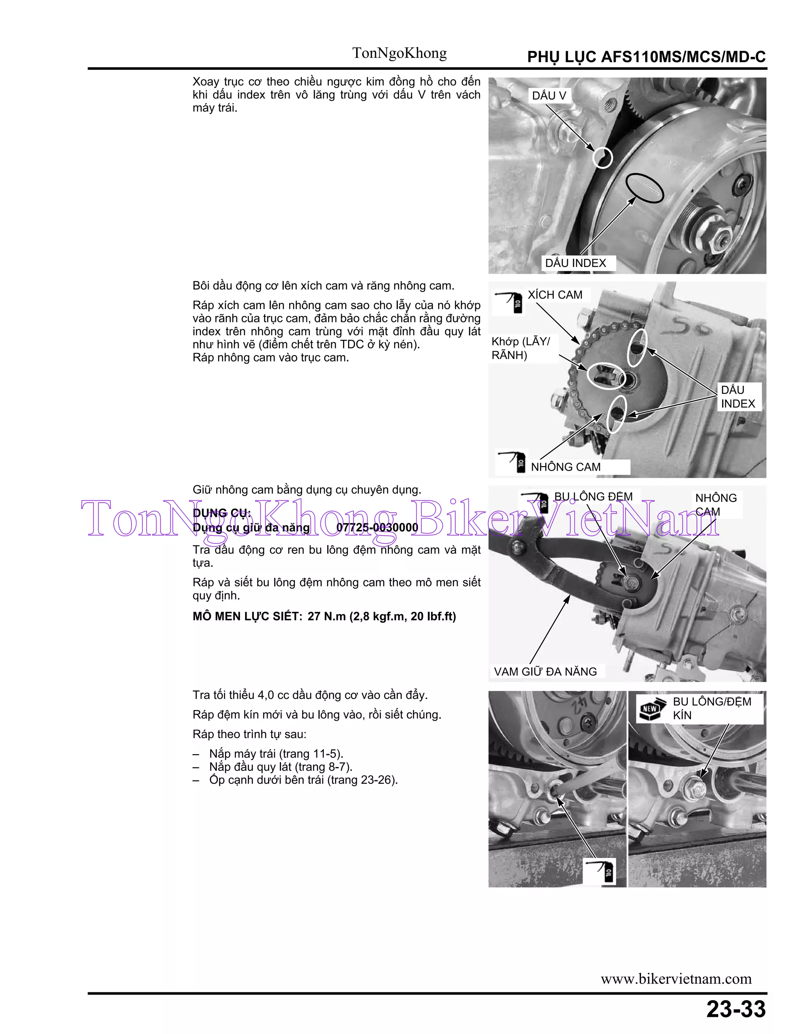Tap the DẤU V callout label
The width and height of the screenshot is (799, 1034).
click(x=549, y=96)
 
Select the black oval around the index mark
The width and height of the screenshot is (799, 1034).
click(x=644, y=188)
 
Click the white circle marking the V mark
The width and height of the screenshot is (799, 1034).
click(x=602, y=158)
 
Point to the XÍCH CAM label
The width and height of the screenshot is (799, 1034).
click(x=555, y=295)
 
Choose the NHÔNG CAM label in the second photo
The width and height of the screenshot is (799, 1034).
click(x=565, y=467)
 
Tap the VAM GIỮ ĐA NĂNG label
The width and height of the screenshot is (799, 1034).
click(x=545, y=672)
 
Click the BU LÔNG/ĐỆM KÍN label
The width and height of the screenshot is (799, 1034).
click(x=712, y=708)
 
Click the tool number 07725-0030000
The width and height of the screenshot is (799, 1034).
click(x=377, y=528)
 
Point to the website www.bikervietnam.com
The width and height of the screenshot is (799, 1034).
click(x=676, y=979)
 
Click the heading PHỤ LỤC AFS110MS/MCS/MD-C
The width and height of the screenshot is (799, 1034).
click(x=646, y=57)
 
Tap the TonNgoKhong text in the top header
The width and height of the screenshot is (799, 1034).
click(x=399, y=53)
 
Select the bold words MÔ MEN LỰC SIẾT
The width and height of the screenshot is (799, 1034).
click(x=247, y=616)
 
